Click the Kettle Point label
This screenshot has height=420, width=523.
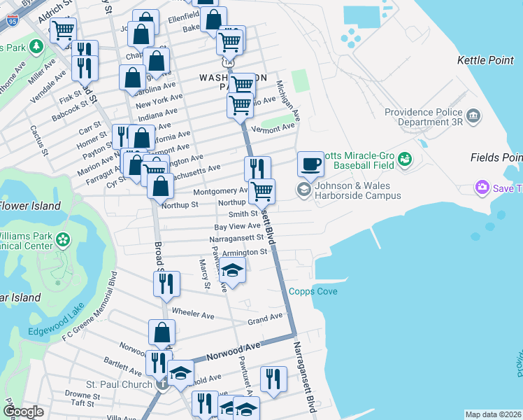tap(485, 61)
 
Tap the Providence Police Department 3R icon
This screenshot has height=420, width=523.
tap(474, 114)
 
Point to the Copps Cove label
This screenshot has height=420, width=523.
tap(313, 291)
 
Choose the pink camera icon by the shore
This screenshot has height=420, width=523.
tap(482, 188)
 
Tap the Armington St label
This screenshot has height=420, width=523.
tap(245, 252)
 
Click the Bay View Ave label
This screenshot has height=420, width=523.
tap(237, 227)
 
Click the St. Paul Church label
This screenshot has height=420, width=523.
tap(118, 384)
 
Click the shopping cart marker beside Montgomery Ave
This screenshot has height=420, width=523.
tap(261, 190)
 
